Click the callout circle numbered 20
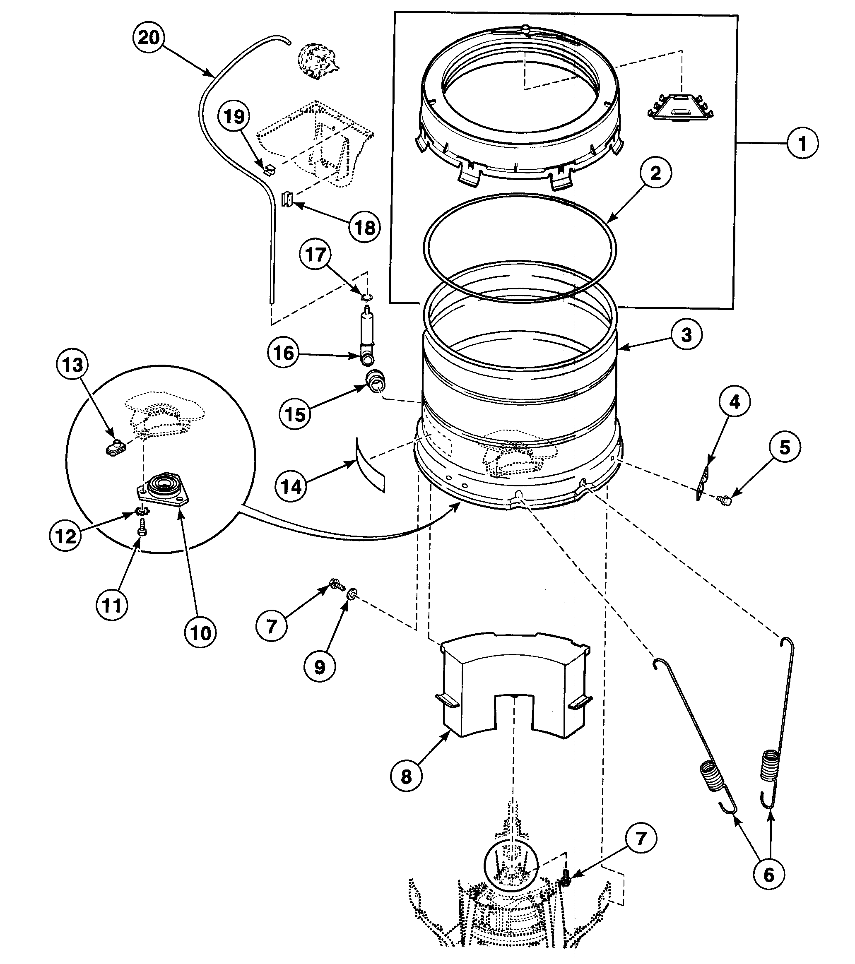149,37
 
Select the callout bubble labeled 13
72,365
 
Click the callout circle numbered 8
406,776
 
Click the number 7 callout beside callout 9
271,626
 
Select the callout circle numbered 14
291,486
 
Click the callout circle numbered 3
686,335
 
